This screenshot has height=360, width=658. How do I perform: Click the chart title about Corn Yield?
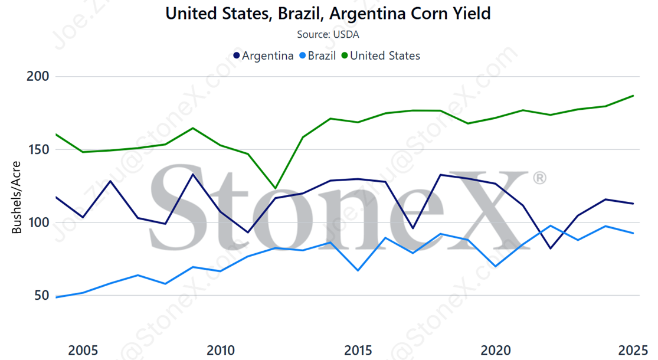coord(328,13)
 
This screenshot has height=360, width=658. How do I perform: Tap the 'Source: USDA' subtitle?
coord(328,34)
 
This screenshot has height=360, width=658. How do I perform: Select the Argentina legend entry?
coord(263,55)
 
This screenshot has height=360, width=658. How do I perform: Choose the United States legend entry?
coord(380,55)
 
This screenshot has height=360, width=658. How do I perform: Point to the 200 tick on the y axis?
coord(39,77)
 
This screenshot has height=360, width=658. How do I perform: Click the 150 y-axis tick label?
coord(39,150)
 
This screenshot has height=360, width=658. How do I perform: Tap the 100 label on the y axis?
coord(39,223)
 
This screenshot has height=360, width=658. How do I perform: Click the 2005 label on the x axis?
coord(83,351)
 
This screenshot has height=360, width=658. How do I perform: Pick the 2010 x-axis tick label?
coord(221,351)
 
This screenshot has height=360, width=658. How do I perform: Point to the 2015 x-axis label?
coord(359,351)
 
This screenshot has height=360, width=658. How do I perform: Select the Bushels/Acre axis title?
coord(17,197)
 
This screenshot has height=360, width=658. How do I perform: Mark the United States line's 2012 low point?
coord(276,188)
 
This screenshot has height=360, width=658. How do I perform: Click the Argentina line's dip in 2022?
coord(551,248)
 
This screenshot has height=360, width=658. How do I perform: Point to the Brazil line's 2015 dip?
coord(358,270)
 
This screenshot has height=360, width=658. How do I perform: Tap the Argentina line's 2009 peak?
coord(193,174)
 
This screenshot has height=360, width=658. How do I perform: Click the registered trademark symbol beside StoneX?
coord(539,178)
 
